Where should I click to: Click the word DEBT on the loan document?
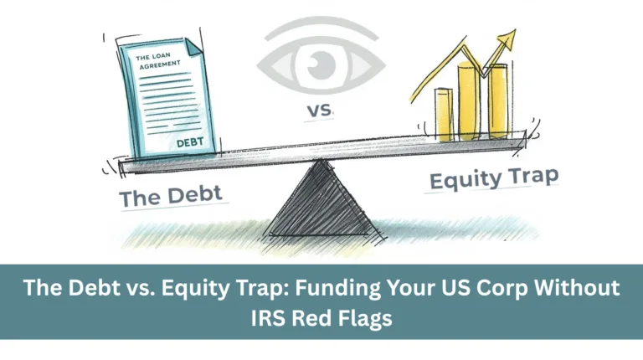click(x=190, y=141)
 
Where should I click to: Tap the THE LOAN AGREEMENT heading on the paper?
click(x=159, y=60)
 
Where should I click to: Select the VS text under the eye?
click(x=320, y=111)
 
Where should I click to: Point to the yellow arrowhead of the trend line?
click(x=507, y=39)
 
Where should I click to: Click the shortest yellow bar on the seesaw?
click(x=443, y=115)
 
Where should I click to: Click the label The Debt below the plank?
click(x=171, y=196)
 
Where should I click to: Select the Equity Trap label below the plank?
click(x=494, y=178)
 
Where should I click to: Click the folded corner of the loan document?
click(x=193, y=46)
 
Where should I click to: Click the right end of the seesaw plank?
click(x=524, y=140)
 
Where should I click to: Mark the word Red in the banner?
click(x=312, y=318)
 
